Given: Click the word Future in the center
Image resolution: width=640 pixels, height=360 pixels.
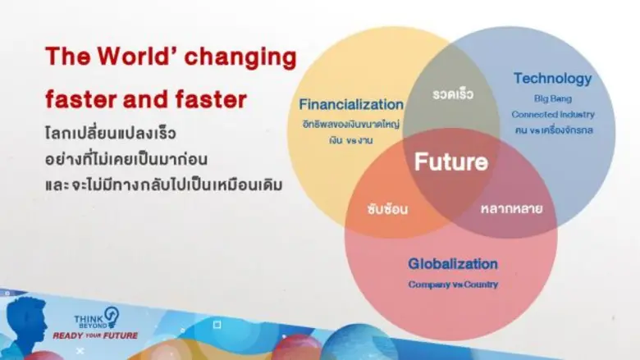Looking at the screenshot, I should tap(450, 162).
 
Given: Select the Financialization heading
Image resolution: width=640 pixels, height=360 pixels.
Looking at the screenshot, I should tap(351, 105).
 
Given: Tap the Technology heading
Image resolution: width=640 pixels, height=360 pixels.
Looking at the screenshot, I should tap(552, 79).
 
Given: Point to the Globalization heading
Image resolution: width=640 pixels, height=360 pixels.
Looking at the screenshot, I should tap(453, 264).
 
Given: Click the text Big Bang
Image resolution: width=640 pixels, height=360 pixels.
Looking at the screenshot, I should tap(551, 98).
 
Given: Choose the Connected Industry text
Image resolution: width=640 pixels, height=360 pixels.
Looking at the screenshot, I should tap(552, 114).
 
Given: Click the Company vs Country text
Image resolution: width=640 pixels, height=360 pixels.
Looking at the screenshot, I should tap(453, 285).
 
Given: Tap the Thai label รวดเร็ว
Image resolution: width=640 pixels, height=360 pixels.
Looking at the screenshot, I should tap(453, 94).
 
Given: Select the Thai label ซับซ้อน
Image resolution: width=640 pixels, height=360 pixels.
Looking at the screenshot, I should tap(387, 208).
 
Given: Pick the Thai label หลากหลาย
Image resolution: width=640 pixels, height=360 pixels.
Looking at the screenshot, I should tap(511, 207).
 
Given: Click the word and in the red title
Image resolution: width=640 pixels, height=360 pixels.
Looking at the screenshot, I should tap(151, 100).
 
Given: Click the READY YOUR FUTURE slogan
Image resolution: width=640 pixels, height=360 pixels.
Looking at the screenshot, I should tap(95, 335).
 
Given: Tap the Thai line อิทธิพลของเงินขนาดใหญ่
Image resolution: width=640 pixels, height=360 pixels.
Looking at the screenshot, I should tap(351, 123).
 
